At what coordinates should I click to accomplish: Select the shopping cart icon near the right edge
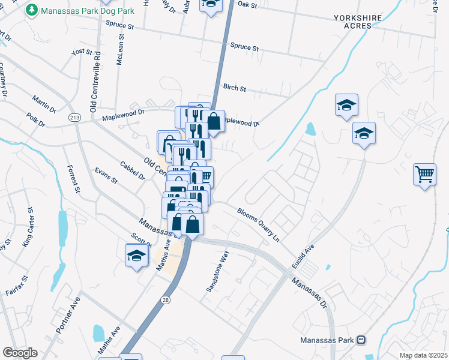pyautogui.click(x=424, y=175)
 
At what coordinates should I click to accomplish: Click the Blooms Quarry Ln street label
pyautogui.click(x=259, y=225)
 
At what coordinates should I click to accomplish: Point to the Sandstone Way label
pyautogui.click(x=218, y=272)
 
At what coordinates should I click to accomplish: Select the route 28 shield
pyautogui.click(x=165, y=298)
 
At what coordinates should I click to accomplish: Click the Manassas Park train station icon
pyautogui.click(x=361, y=340)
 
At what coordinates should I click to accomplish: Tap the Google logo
pyautogui.click(x=20, y=353)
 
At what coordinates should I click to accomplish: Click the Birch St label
pyautogui.click(x=234, y=88)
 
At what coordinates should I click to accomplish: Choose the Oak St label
pyautogui.click(x=247, y=4)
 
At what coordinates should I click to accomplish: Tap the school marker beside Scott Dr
pyautogui.click(x=136, y=256)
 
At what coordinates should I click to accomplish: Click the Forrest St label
pyautogui.click(x=73, y=179)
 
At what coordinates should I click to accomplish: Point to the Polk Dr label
pyautogui.click(x=36, y=119)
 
